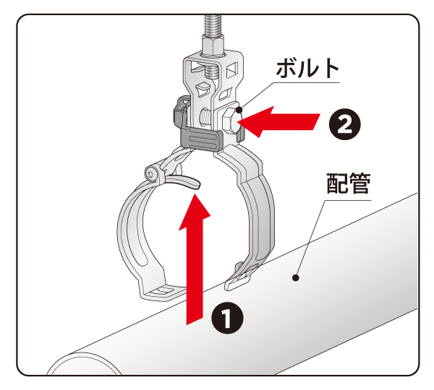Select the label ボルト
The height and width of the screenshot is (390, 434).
point(307,70)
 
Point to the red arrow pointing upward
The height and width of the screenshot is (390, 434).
point(193,253)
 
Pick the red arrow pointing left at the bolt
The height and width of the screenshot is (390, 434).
point(282,121)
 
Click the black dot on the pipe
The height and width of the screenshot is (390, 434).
point(294,277)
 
